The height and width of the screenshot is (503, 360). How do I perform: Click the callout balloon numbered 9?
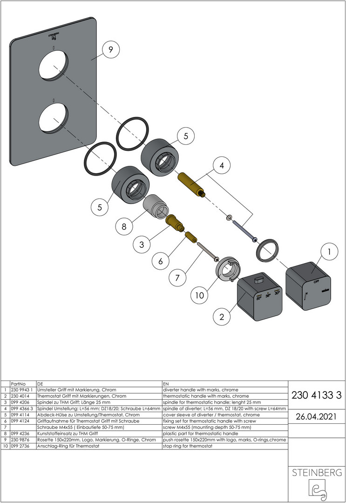point(111,50)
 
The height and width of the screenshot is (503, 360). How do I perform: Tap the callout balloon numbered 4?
point(221,165)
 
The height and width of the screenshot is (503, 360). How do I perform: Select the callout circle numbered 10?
point(199,295)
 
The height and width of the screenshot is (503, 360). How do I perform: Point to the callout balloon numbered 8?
point(124,226)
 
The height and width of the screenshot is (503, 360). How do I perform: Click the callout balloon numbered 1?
point(329,252)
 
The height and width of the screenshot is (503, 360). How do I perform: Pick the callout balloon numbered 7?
point(177,278)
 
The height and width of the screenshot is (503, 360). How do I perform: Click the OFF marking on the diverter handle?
point(316,281)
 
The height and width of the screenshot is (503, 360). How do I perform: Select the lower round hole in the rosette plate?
point(54,118)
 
